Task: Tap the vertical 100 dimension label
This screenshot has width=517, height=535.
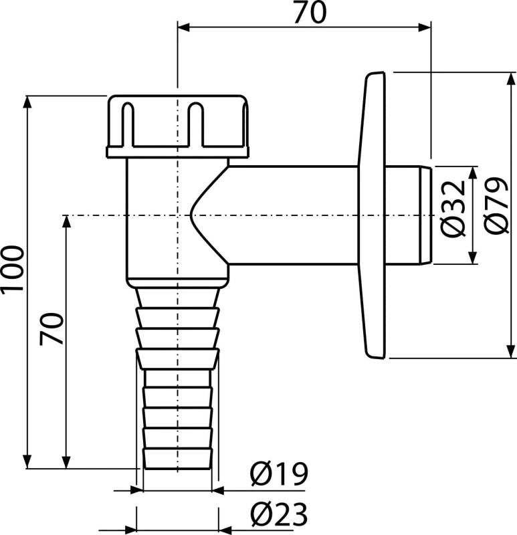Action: [13, 269]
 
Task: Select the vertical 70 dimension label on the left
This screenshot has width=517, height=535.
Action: [51, 329]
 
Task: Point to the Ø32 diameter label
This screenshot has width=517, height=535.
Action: [453, 209]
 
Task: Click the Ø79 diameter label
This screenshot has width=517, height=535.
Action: [496, 205]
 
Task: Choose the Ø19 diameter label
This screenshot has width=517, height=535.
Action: [279, 474]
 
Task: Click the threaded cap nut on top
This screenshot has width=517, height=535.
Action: [177, 126]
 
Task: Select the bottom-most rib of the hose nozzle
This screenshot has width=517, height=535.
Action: [177, 459]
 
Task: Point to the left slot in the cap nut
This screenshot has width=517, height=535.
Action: [128, 124]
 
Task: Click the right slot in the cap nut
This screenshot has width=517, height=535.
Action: [195, 124]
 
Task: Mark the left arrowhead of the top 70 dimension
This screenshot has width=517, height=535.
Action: [184, 27]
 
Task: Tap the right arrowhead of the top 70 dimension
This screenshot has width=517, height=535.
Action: [425, 27]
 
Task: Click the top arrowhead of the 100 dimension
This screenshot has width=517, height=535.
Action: [27, 102]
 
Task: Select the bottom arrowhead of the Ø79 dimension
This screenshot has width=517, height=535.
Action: [511, 352]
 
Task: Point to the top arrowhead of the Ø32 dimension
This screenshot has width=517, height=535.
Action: [473, 173]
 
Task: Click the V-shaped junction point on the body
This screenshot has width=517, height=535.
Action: [191, 215]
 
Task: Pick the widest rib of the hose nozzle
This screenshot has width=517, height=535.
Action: [177, 358]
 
